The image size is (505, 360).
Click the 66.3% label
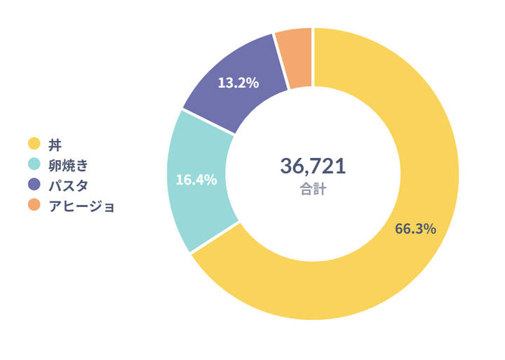click(416, 229)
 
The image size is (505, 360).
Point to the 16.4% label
click(196, 180)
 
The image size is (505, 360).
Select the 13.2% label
click(238, 83)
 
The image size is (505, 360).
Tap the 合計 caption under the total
click(313, 189)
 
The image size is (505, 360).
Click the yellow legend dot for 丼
click(33, 145)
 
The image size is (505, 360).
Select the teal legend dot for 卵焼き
click(33, 165)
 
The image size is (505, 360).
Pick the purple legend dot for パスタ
click(33, 185)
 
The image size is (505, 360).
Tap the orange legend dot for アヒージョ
click(33, 206)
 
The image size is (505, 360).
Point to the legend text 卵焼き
click(69, 166)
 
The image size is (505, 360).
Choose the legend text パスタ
click(68, 186)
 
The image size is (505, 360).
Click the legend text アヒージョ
click(81, 206)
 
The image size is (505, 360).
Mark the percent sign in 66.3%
click(430, 229)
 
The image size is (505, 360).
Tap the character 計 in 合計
click(320, 189)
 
